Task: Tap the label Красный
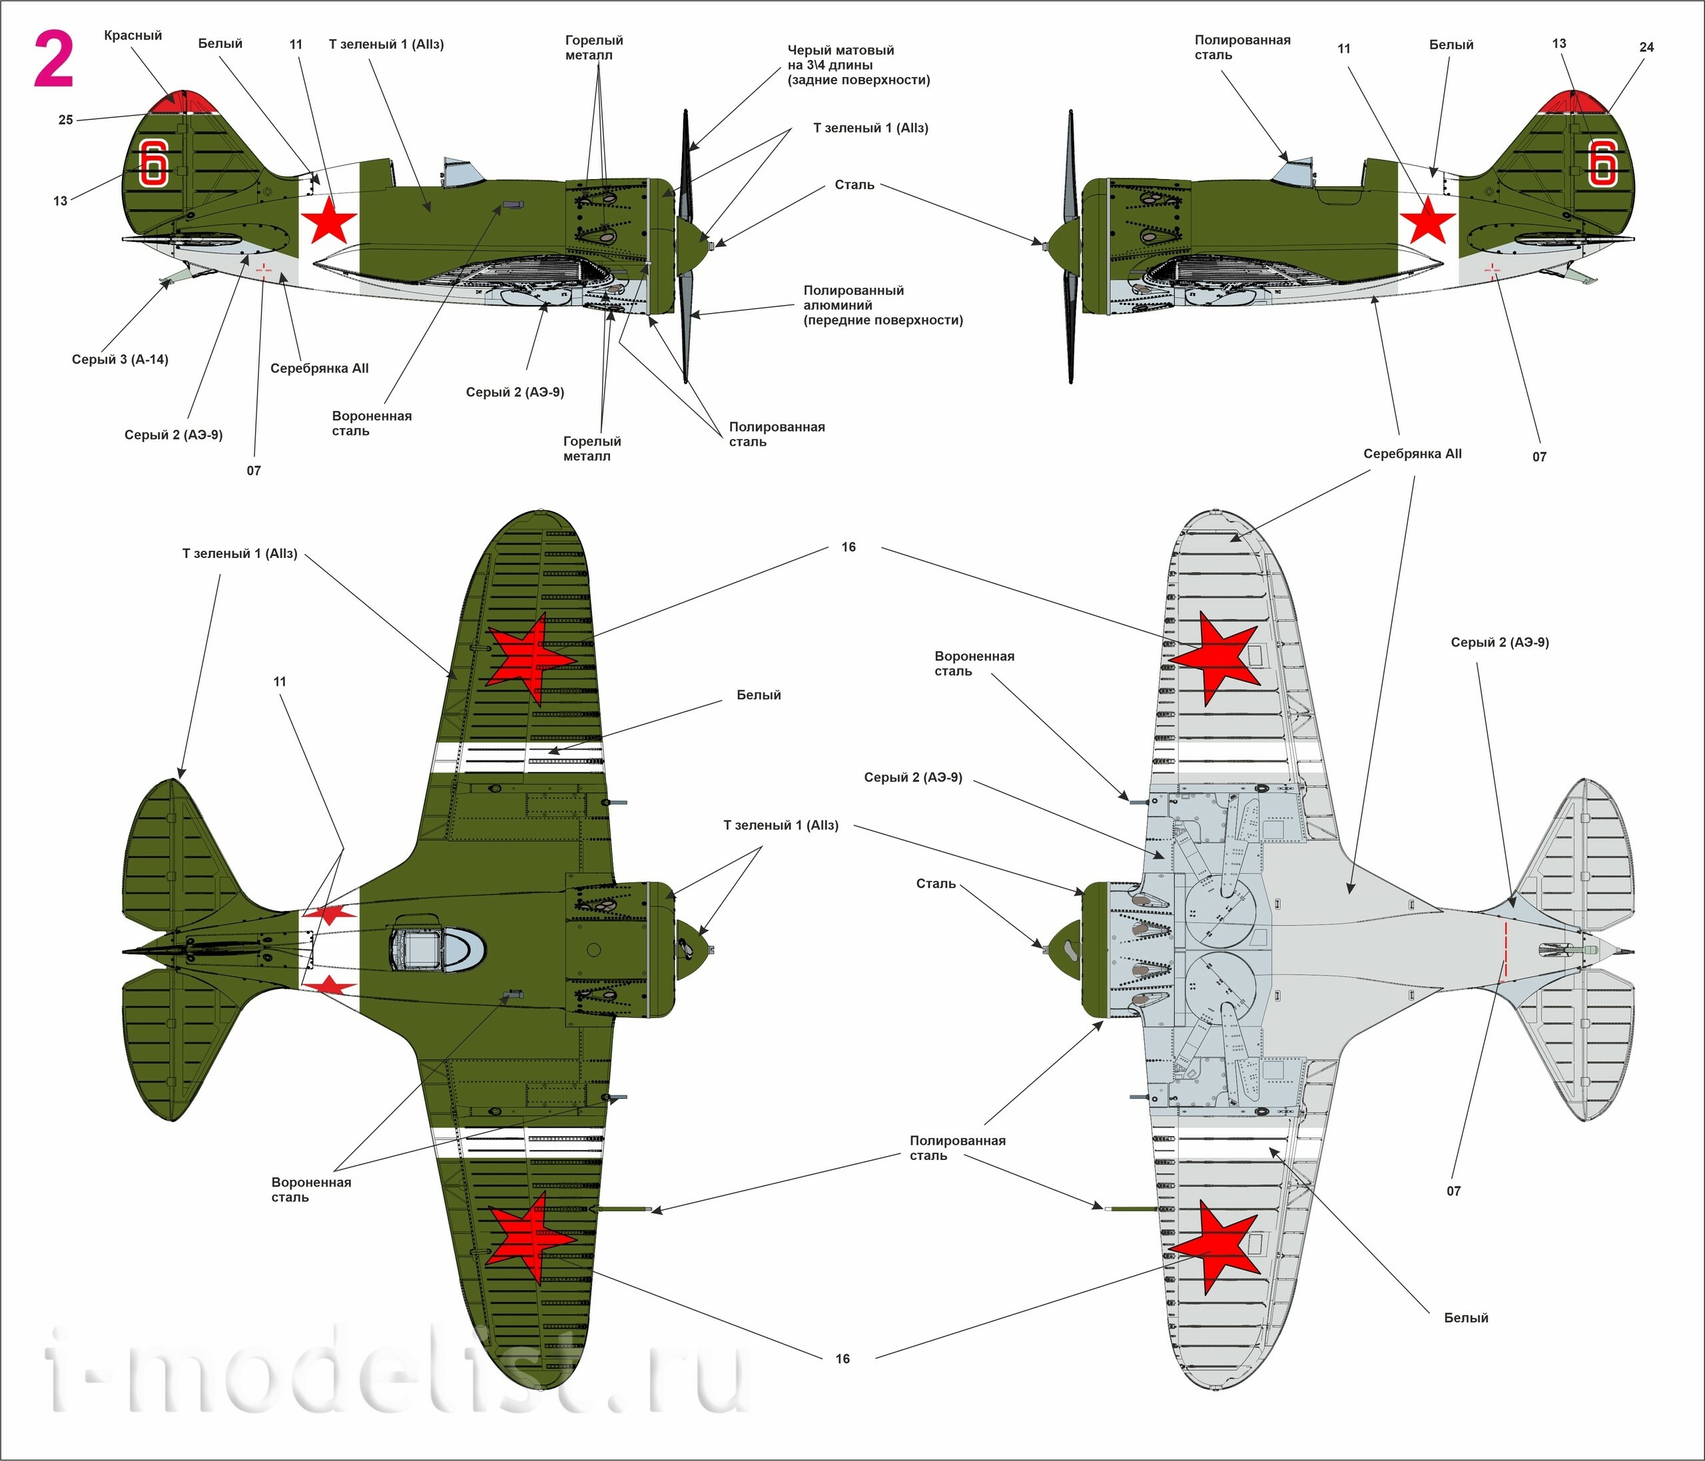133,35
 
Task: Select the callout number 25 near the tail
66,120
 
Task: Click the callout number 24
1646,47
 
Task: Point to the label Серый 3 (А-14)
120,360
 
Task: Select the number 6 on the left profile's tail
154,162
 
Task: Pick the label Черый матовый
840,50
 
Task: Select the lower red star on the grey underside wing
1213,1247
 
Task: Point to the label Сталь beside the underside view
936,884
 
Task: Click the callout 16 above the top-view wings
849,547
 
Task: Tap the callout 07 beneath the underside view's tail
1453,1191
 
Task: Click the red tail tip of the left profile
184,101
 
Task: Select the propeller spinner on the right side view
1064,245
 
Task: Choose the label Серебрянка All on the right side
1412,454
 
